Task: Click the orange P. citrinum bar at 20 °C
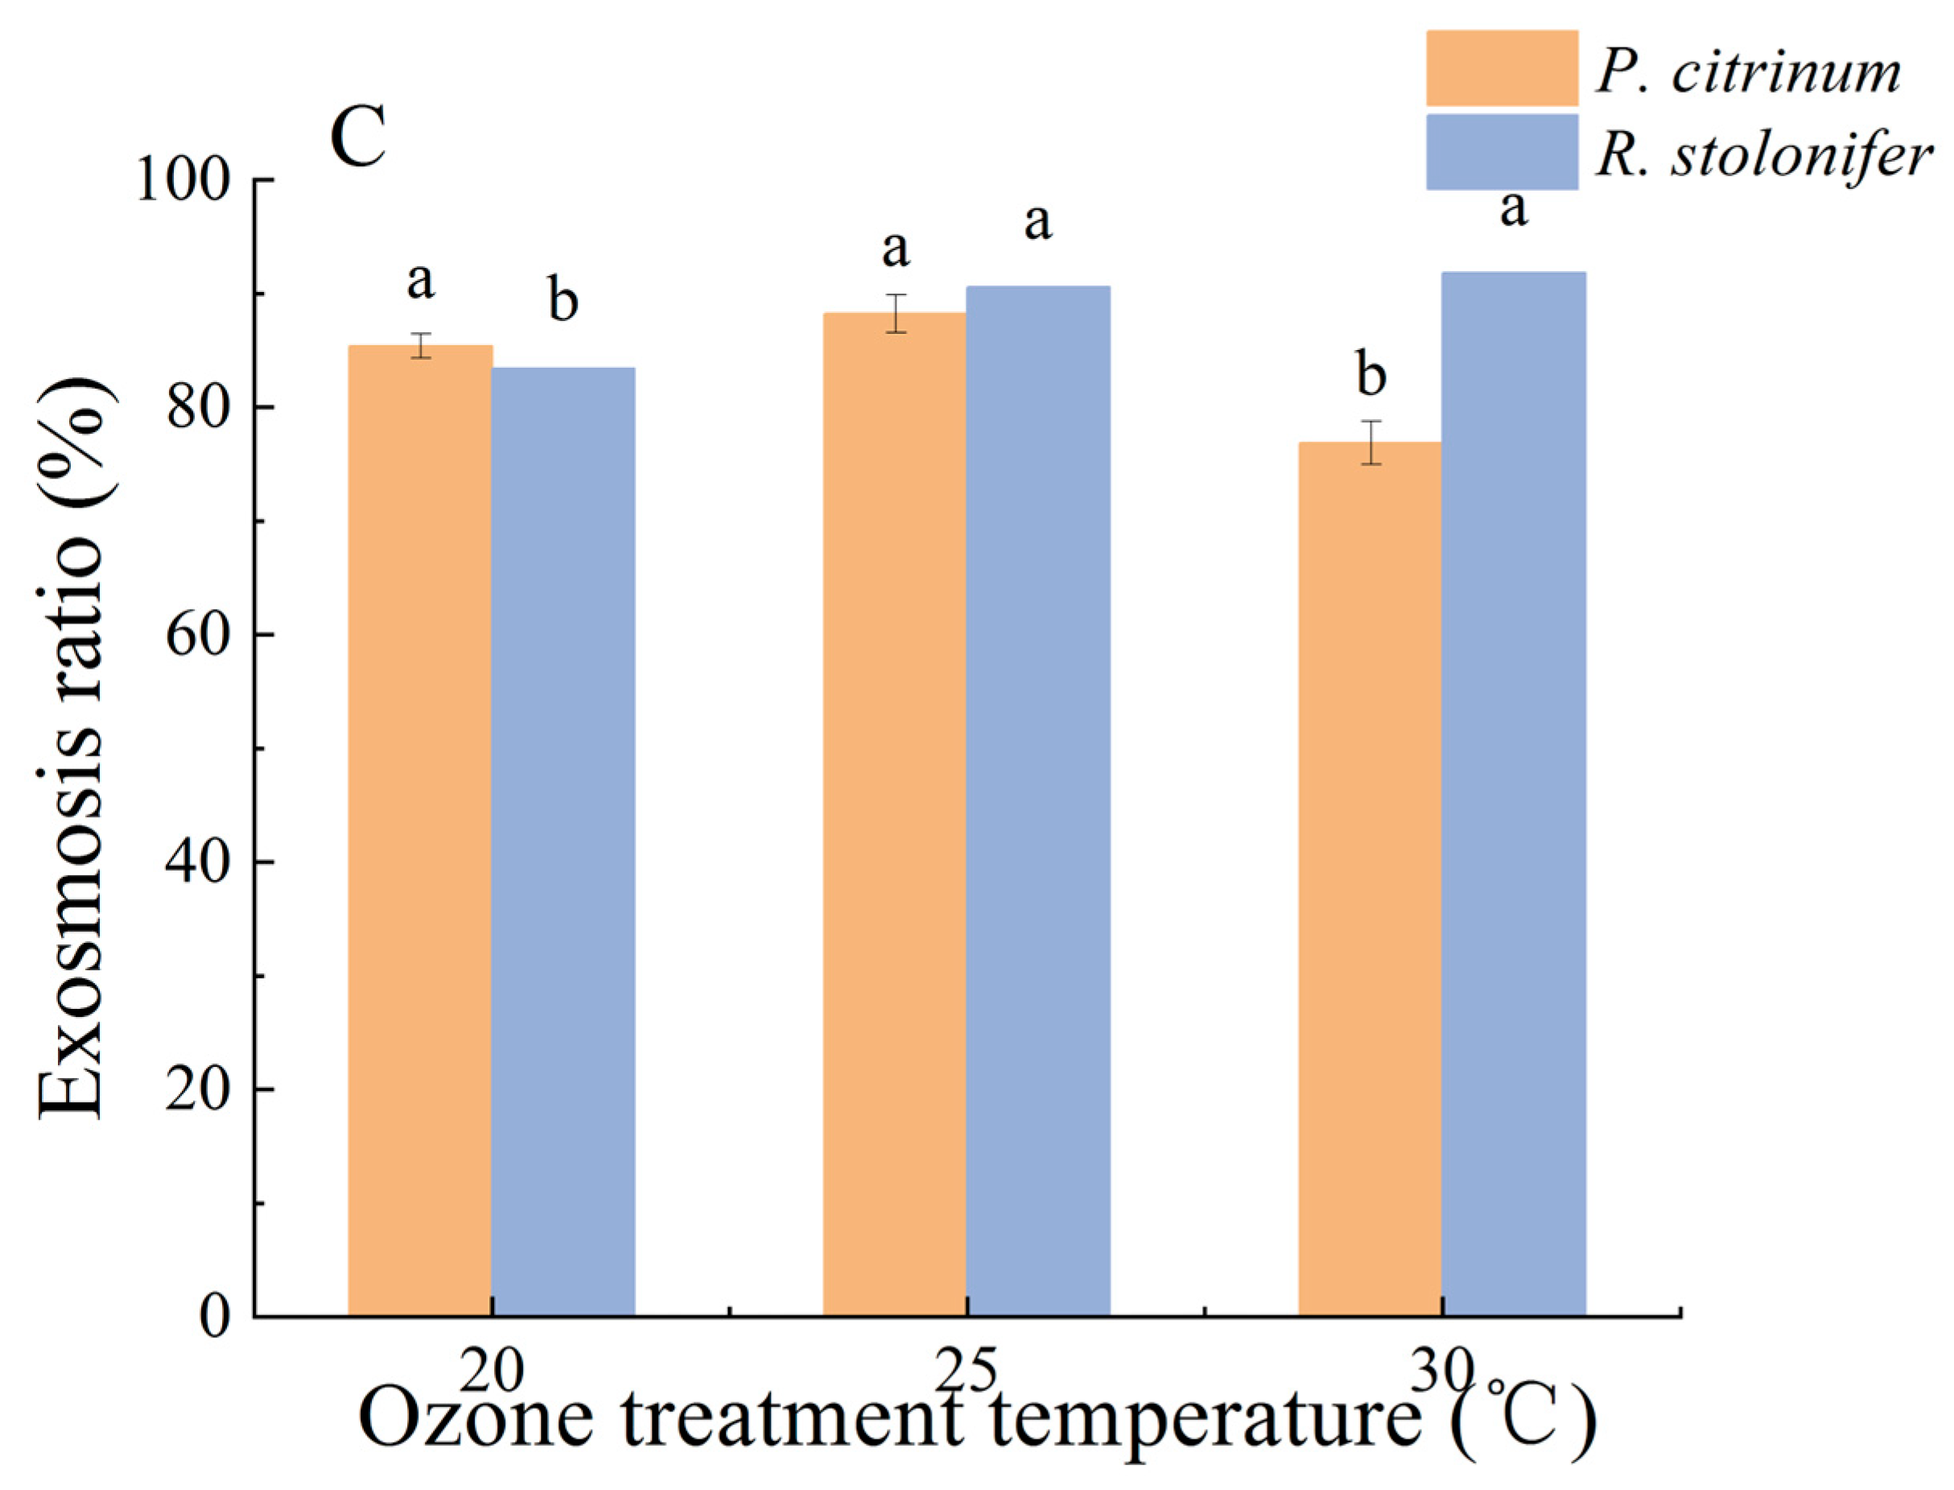coord(419,829)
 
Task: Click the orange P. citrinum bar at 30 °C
coord(1371,878)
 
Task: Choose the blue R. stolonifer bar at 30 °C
coord(1513,794)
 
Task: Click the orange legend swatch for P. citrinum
coord(1502,68)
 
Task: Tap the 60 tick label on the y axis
coord(192,635)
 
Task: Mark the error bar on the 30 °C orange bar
coord(1371,442)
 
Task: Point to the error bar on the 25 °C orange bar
coord(896,313)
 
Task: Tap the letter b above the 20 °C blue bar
coord(563,300)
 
